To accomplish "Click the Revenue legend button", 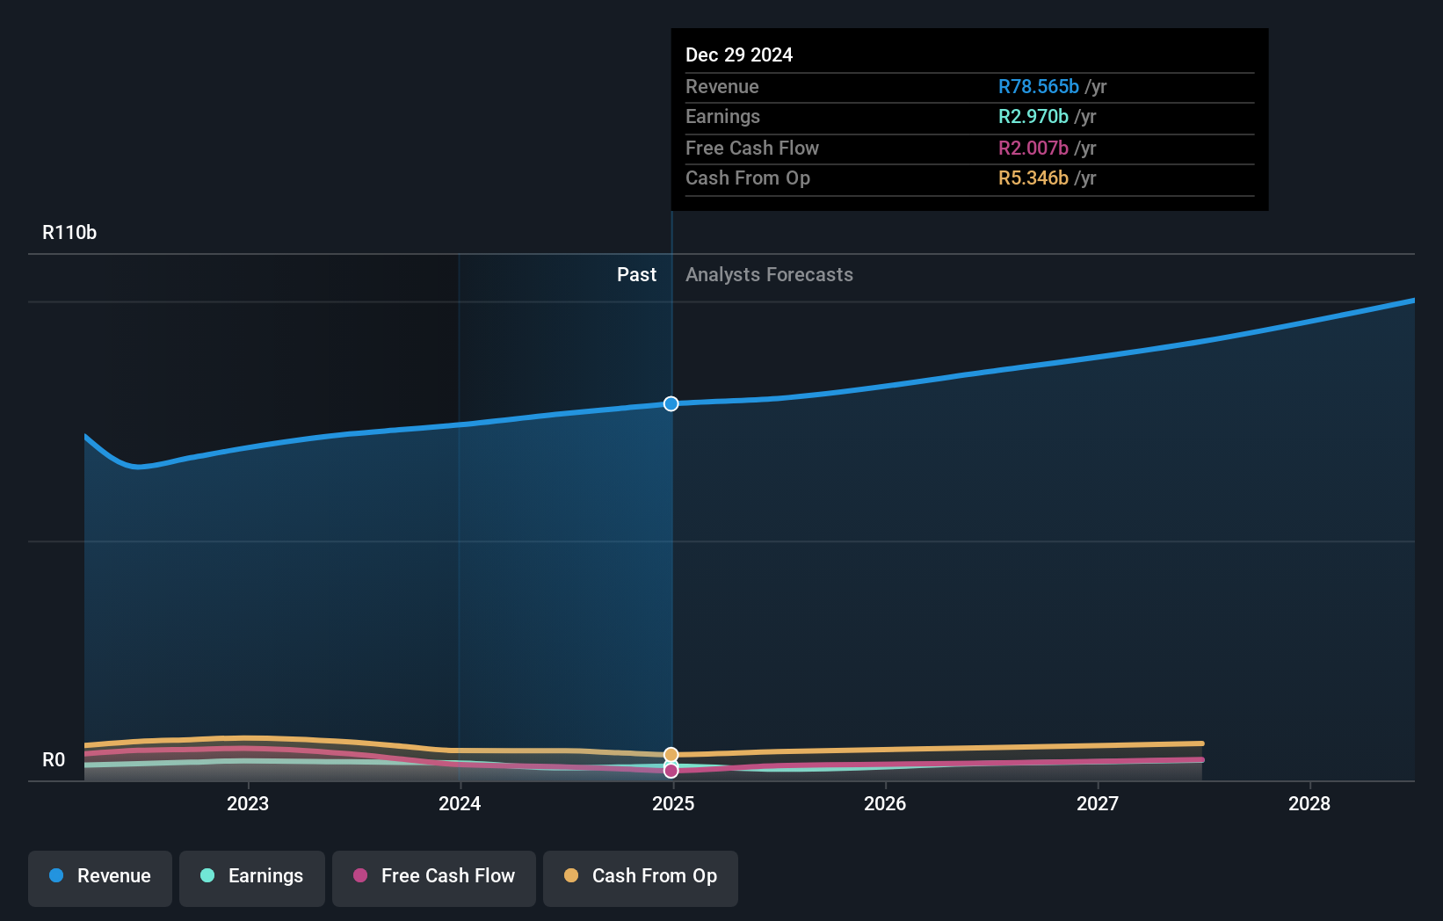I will [x=100, y=876].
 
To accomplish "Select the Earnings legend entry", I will [x=252, y=876].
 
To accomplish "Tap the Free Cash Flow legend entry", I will [x=434, y=876].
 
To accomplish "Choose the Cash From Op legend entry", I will [x=641, y=876].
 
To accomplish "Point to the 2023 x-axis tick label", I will [x=248, y=803].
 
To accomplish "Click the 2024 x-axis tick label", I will [x=460, y=803].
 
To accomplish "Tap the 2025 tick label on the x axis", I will [x=673, y=803].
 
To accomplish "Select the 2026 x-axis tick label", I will [x=885, y=803].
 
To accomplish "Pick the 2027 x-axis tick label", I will [x=1098, y=803].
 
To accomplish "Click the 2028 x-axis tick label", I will [x=1309, y=803].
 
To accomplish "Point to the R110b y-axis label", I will [x=69, y=233].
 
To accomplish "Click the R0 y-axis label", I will [x=54, y=760].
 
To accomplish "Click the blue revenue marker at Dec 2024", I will [x=671, y=404].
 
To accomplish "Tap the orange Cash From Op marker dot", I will [x=671, y=755].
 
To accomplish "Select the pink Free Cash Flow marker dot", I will [x=671, y=771].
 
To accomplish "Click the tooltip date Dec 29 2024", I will [x=739, y=55].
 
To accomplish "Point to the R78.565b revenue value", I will [x=1038, y=87].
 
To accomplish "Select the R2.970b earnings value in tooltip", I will [x=1033, y=117].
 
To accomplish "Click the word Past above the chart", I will [x=636, y=275].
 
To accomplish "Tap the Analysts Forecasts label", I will [x=769, y=275].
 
